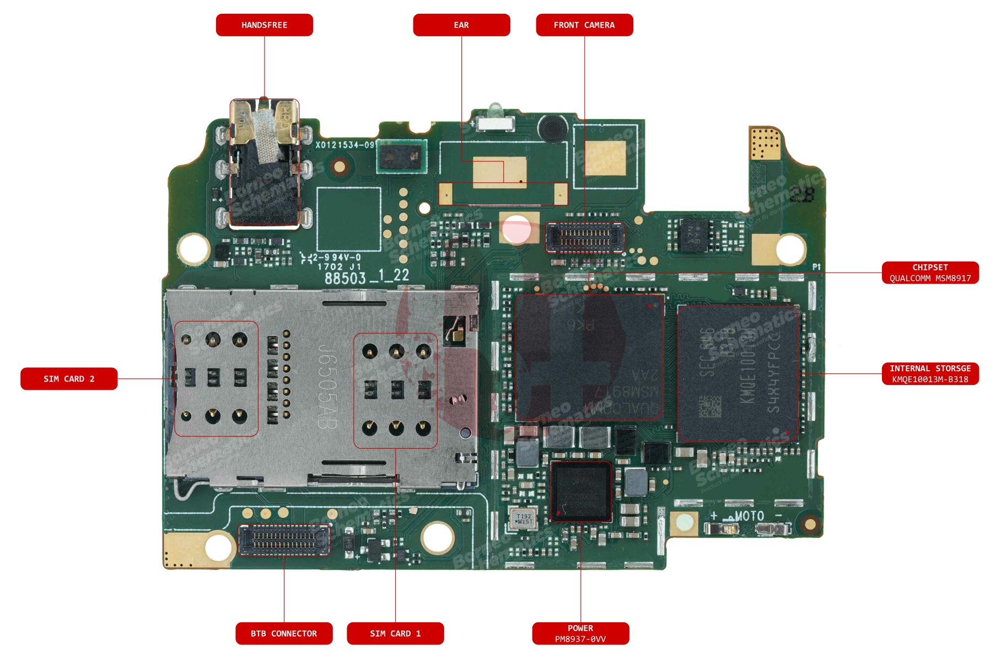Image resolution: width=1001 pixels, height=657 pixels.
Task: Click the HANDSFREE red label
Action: (264, 25)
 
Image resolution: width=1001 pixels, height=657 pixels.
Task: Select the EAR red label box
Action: (461, 25)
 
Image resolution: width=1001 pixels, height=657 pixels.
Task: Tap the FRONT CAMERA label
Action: (584, 25)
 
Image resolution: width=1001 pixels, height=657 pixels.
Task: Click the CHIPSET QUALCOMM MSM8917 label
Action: (930, 273)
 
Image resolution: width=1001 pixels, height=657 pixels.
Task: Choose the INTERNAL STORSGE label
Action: (930, 373)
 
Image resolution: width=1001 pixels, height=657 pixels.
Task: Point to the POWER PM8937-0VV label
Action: (580, 633)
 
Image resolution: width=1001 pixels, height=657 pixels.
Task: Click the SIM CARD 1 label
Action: (395, 633)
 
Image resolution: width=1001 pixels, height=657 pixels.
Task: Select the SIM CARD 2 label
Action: (69, 379)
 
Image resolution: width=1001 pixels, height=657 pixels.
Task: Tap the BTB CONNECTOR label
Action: (284, 633)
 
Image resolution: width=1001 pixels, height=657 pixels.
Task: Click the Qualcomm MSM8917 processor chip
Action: (589, 357)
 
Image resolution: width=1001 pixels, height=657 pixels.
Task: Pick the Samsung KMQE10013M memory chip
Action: (738, 373)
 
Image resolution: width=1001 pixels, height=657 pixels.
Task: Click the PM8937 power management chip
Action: (581, 491)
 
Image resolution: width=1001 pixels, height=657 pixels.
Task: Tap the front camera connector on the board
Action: (585, 237)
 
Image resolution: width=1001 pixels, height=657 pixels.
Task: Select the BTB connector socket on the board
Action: (283, 539)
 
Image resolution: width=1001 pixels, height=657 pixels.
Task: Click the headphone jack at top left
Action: (265, 162)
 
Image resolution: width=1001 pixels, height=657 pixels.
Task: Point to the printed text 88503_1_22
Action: (367, 277)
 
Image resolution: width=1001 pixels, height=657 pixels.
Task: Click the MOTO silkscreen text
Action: (749, 516)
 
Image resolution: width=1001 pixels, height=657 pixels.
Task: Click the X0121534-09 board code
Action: (345, 145)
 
